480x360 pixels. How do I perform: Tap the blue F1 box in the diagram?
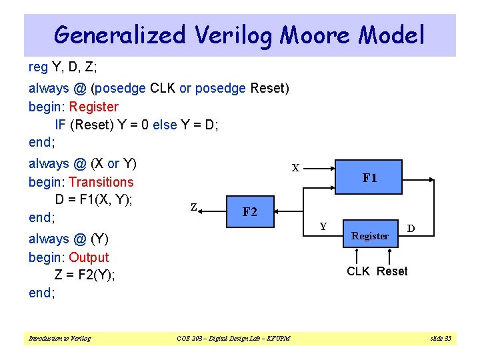pyautogui.click(x=369, y=178)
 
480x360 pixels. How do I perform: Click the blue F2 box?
pyautogui.click(x=250, y=212)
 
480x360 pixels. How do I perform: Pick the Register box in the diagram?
pyautogui.click(x=370, y=235)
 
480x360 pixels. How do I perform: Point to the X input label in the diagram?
pyautogui.click(x=295, y=168)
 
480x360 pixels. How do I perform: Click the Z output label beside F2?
pyautogui.click(x=193, y=207)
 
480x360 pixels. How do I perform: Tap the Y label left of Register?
pyautogui.click(x=323, y=227)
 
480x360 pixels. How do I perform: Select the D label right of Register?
pyautogui.click(x=411, y=229)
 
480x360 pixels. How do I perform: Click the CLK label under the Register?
pyautogui.click(x=358, y=271)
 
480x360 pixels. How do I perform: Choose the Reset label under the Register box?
pyautogui.click(x=392, y=271)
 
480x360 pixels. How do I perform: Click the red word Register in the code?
pyautogui.click(x=93, y=107)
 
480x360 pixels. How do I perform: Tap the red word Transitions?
pyautogui.click(x=101, y=182)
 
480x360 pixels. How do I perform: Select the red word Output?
pyautogui.click(x=89, y=257)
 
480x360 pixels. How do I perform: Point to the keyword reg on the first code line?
pyautogui.click(x=38, y=67)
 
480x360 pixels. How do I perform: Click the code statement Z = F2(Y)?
pyautogui.click(x=85, y=275)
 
